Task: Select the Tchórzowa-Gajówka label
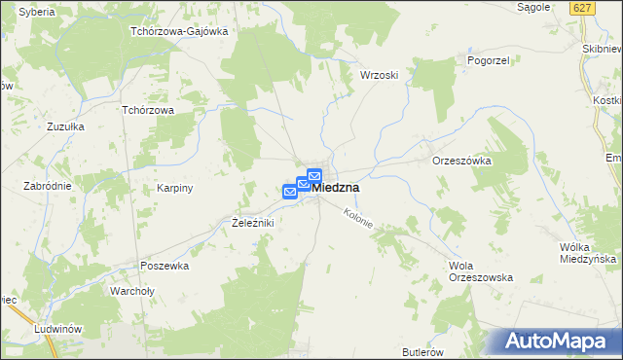pos(179,31)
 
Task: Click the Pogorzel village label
pos(462,59)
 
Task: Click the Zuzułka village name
pos(66,126)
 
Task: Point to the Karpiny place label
pos(176,188)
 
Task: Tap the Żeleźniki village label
pos(253,223)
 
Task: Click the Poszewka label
pos(164,266)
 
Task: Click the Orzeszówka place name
pos(461,162)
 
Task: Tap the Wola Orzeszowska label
pos(480,271)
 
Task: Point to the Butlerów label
pos(422,351)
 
